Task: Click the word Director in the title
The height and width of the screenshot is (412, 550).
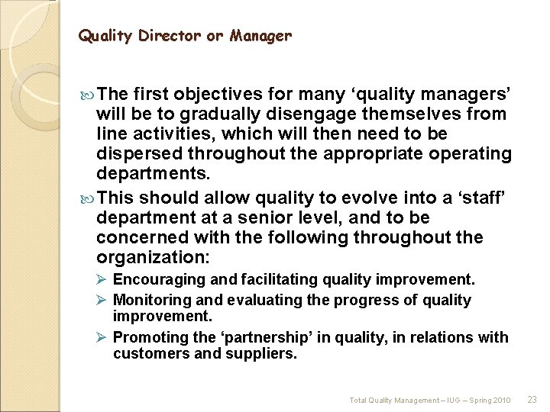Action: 163,36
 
